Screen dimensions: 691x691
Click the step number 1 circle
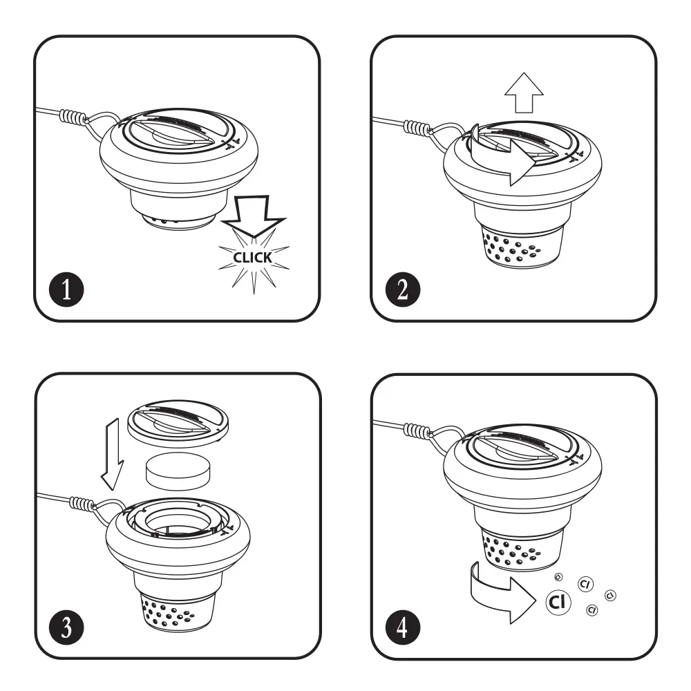click(66, 290)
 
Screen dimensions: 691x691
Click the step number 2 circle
click(403, 290)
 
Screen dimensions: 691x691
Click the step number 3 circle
click(66, 627)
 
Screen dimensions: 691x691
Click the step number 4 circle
click(403, 627)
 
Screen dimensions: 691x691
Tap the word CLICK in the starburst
click(252, 258)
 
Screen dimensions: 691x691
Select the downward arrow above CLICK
click(254, 216)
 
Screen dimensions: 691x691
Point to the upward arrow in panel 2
click(524, 93)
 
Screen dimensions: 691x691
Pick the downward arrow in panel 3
click(113, 454)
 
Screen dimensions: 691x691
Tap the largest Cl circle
click(558, 602)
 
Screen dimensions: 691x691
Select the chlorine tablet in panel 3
click(178, 471)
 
